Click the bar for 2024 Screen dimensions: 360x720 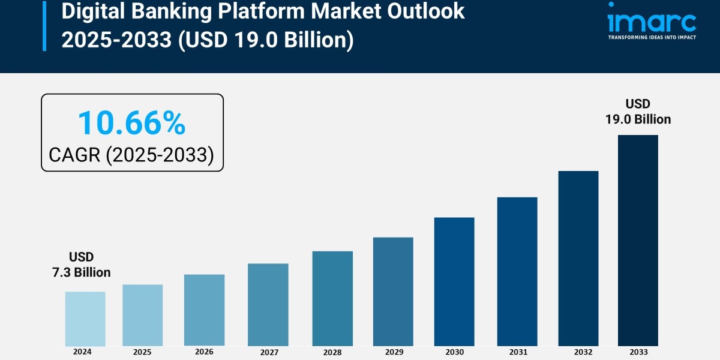(85, 319)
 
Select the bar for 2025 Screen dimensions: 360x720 (143, 315)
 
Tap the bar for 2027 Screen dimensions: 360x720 (268, 305)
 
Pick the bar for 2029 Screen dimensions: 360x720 (393, 292)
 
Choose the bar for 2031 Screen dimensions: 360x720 (517, 271)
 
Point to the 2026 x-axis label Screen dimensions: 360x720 (204, 352)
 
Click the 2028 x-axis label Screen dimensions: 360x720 (332, 352)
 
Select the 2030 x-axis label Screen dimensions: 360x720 (454, 352)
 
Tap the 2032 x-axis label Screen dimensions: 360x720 (578, 352)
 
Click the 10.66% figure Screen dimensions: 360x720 (131, 123)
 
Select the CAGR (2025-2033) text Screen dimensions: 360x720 (131, 155)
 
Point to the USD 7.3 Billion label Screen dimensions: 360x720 (82, 265)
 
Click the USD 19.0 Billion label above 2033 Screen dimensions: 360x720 (638, 112)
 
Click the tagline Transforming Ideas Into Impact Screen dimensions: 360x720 (652, 37)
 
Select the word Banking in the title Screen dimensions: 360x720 (156, 11)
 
